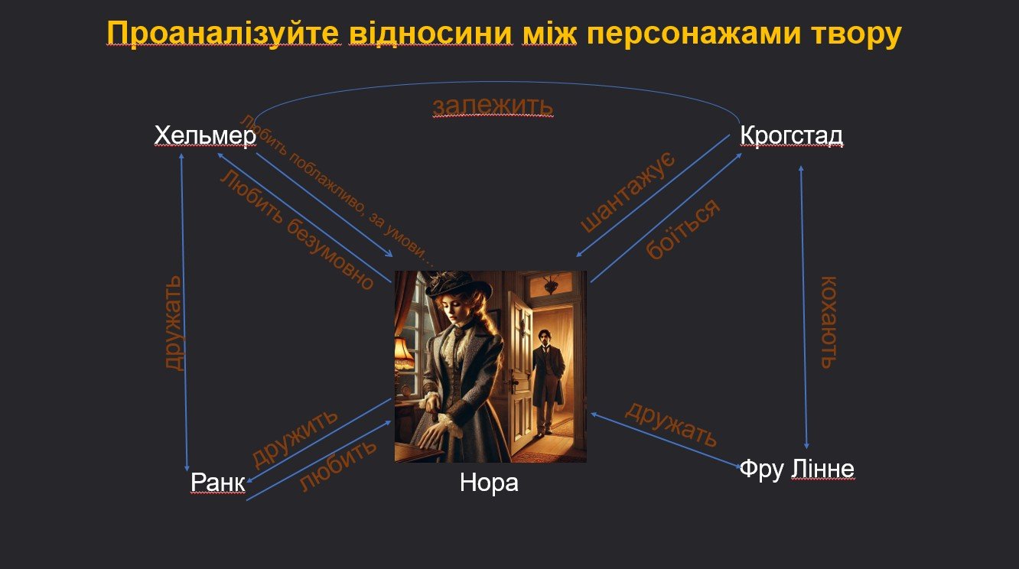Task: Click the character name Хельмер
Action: [x=206, y=135]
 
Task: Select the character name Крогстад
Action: [x=791, y=135]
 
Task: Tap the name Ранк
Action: [x=218, y=482]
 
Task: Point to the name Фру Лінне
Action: [x=797, y=469]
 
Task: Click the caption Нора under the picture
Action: [x=489, y=482]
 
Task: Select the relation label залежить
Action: [x=493, y=106]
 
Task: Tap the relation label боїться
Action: [x=683, y=229]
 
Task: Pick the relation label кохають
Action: [x=829, y=322]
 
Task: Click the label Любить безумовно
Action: [x=297, y=231]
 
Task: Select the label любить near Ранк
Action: [x=338, y=465]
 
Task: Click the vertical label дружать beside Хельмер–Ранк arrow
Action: [x=174, y=323]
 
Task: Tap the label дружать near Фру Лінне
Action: [x=672, y=424]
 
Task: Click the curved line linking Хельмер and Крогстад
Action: [x=496, y=83]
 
